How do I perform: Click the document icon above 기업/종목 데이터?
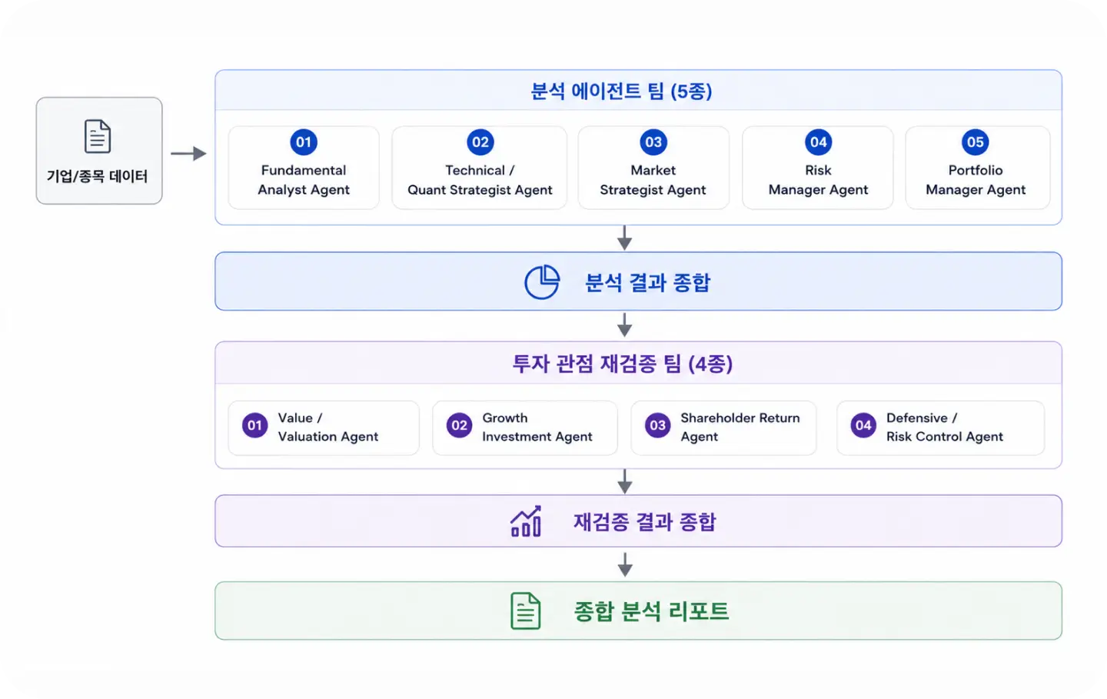point(98,136)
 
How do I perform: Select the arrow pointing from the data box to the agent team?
point(188,153)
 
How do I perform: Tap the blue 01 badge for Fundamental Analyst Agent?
point(304,142)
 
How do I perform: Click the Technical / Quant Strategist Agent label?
point(480,180)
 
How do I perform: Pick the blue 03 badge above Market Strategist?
point(653,142)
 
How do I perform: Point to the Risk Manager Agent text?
point(818,180)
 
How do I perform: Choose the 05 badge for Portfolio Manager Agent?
point(975,142)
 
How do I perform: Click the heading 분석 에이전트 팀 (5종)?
point(621,91)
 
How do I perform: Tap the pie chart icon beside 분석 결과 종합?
point(542,281)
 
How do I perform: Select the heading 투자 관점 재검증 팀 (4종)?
point(622,364)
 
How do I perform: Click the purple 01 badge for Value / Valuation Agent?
point(254,425)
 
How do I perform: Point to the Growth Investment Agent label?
point(537,427)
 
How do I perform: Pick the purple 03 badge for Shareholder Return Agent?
point(658,425)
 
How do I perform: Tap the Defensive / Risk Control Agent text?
point(944,427)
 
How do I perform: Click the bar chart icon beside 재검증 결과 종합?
point(526,521)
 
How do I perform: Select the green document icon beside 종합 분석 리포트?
point(525,611)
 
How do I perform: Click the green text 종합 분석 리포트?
point(651,611)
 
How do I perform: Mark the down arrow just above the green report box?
point(625,564)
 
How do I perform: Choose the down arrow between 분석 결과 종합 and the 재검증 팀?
point(625,325)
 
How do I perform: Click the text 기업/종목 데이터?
point(98,176)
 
